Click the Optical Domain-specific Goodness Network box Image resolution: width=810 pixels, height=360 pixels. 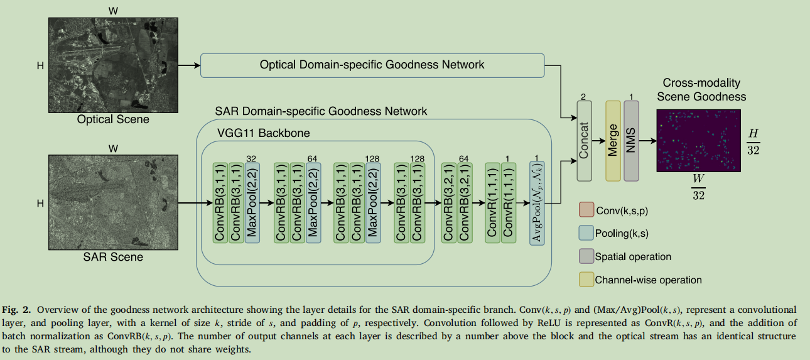coord(372,65)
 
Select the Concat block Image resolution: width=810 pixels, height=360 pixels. coord(584,140)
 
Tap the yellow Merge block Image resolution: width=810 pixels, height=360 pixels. coord(613,140)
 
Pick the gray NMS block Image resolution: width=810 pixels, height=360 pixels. coord(631,140)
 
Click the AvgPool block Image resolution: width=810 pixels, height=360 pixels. coord(537,204)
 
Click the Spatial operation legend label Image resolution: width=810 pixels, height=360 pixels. coord(633,256)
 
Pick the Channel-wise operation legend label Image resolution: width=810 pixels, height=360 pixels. coord(648,280)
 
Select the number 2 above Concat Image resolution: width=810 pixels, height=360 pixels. coord(583,98)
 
